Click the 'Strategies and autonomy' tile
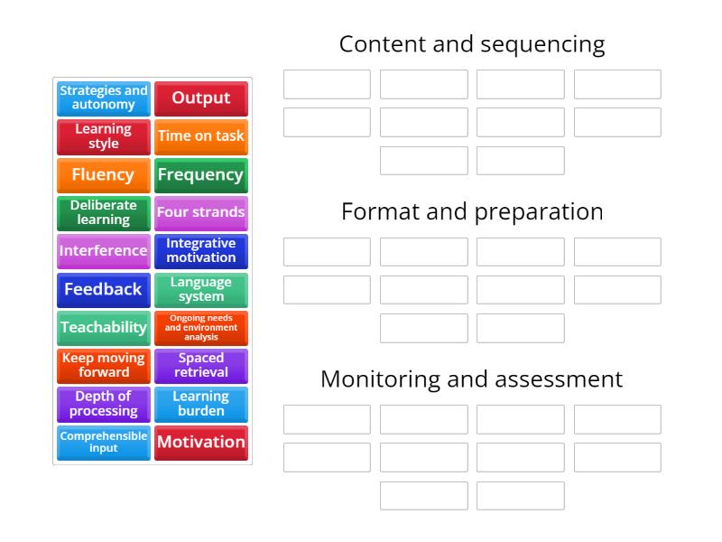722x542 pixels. (104, 98)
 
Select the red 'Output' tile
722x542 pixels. (200, 98)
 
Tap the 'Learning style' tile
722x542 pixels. (104, 136)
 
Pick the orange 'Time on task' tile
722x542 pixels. (200, 136)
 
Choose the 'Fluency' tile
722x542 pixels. (104, 174)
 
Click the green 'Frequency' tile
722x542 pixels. (200, 174)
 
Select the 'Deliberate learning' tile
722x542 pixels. (104, 212)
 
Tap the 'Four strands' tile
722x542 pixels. (200, 212)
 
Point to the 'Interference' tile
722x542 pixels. (104, 250)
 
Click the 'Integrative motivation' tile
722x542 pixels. (200, 250)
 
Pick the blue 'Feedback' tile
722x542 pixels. (104, 289)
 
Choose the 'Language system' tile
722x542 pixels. (200, 289)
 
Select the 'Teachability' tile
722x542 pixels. (104, 327)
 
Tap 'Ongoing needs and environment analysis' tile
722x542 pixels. (200, 327)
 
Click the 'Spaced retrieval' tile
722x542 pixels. (200, 365)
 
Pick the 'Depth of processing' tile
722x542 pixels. (104, 404)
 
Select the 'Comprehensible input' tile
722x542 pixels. (104, 442)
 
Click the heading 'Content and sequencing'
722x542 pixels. (472, 44)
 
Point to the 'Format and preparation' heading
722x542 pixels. (472, 211)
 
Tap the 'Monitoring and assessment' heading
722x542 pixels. (472, 378)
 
